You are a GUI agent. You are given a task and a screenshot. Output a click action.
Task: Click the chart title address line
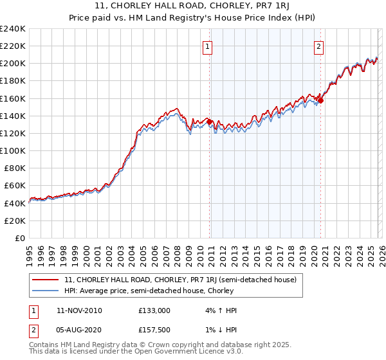point(193,6)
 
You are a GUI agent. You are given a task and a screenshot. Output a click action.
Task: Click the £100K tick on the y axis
point(12,150)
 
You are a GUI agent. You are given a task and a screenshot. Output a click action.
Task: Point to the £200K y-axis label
point(12,64)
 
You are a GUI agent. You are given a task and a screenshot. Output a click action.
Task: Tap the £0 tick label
point(21,238)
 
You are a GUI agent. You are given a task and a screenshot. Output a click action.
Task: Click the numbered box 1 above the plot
point(208,46)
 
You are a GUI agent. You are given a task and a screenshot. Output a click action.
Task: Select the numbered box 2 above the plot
point(319,46)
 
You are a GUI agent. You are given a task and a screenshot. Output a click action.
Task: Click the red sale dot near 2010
point(209,122)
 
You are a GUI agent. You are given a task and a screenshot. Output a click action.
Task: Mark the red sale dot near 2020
point(320,100)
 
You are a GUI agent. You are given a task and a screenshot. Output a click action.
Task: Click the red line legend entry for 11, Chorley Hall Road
point(180,280)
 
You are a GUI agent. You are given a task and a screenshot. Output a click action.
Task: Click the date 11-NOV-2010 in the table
point(79,310)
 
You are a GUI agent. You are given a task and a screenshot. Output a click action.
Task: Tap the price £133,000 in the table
point(154,310)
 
